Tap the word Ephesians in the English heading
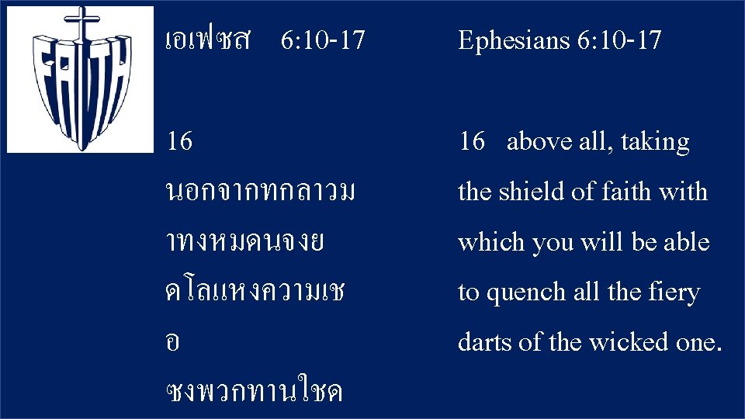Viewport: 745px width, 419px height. [x=514, y=40]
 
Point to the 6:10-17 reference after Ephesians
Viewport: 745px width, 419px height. [x=619, y=40]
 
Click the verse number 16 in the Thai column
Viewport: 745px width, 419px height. [x=180, y=142]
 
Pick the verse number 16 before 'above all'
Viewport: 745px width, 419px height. [x=472, y=142]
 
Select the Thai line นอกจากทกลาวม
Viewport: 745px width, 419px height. [x=261, y=192]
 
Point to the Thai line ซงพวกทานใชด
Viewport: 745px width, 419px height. [x=255, y=393]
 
